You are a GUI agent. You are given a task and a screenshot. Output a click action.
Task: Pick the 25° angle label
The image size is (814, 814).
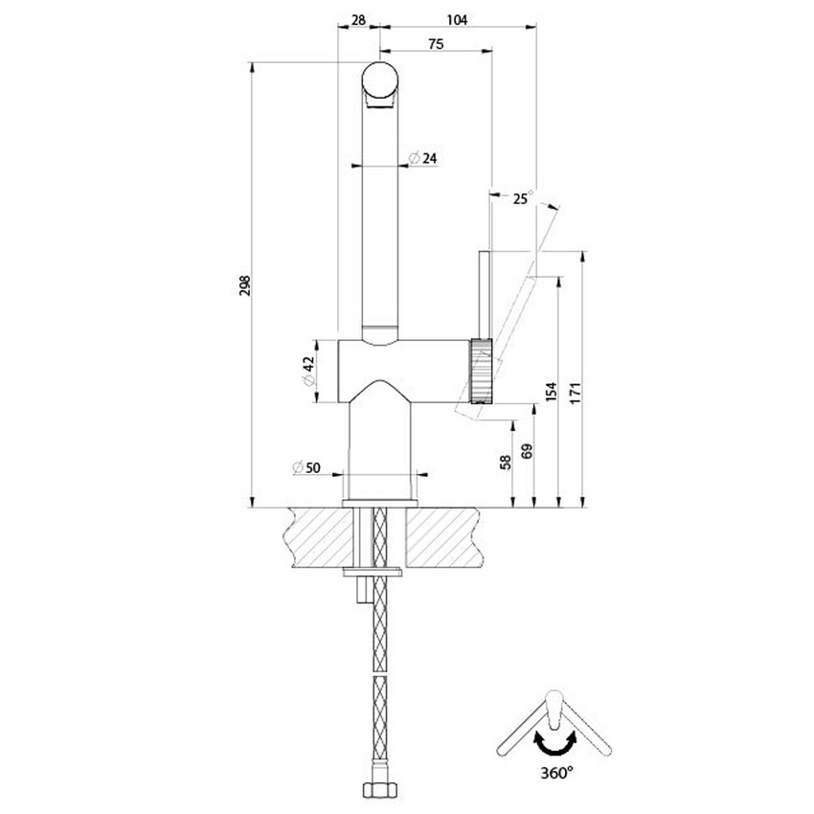pyautogui.click(x=522, y=198)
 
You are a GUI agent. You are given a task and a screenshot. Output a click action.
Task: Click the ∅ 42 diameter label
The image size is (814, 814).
pyautogui.click(x=307, y=371)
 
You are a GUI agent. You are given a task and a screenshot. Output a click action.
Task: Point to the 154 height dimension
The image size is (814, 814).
pyautogui.click(x=550, y=393)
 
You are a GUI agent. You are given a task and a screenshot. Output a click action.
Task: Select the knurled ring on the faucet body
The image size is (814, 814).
pyautogui.click(x=481, y=372)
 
